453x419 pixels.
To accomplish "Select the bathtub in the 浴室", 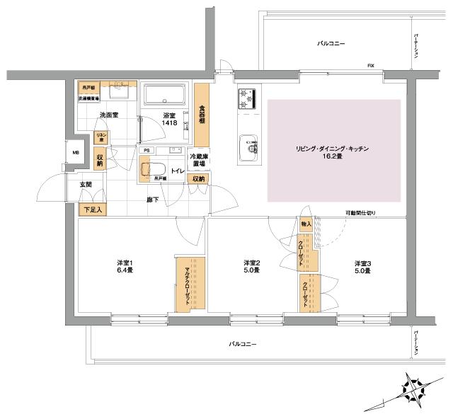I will pyautogui.click(x=164, y=96).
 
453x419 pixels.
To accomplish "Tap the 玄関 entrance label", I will pyautogui.click(x=85, y=184).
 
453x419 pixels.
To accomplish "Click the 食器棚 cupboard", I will pyautogui.click(x=202, y=114).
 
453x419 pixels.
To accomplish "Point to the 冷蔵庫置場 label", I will pyautogui.click(x=197, y=159).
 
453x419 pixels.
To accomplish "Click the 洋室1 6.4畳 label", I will pyautogui.click(x=126, y=266).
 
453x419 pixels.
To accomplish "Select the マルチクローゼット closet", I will pyautogui.click(x=190, y=283).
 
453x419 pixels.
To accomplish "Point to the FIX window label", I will pyautogui.click(x=370, y=66).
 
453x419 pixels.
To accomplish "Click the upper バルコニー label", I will pyautogui.click(x=331, y=44).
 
